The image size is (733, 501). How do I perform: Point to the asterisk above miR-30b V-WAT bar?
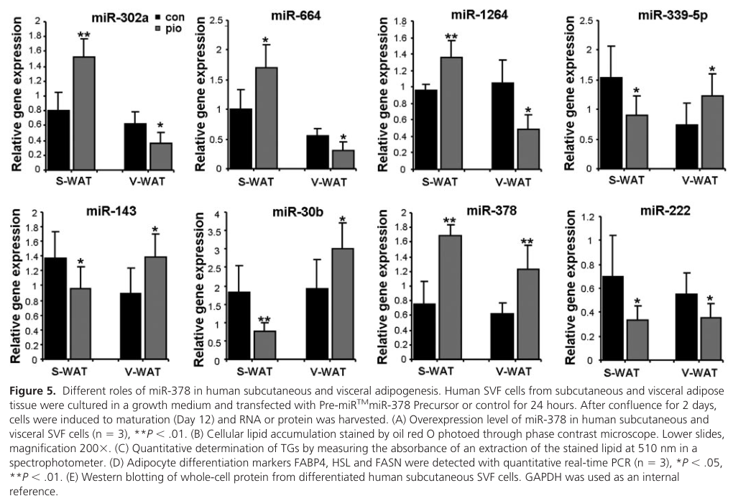point(343,219)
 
